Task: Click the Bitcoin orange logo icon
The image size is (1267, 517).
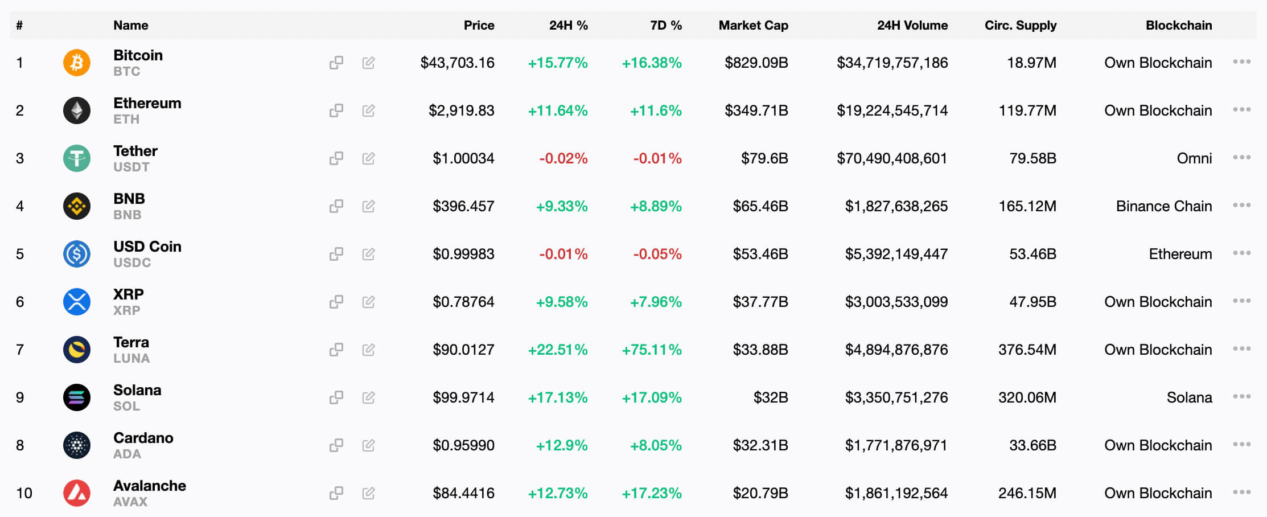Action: coord(77,63)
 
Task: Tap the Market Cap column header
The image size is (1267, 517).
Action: coord(753,25)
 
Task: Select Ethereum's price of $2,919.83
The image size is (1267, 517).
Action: coord(461,110)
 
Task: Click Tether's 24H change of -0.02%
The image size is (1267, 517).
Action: coord(563,158)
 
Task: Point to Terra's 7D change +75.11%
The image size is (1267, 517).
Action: coord(651,350)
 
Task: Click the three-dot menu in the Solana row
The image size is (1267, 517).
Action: coord(1241,397)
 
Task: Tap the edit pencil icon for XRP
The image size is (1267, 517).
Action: coord(368,302)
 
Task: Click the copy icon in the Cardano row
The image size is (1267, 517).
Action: coord(336,445)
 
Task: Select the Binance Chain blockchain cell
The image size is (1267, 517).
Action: coord(1163,206)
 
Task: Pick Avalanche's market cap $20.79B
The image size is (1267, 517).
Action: coord(760,493)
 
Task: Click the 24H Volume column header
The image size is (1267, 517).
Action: coord(912,25)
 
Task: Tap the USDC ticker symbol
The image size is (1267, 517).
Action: coord(132,262)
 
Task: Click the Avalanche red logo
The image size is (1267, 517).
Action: coord(77,493)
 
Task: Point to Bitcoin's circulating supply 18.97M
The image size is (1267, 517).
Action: coord(1031,63)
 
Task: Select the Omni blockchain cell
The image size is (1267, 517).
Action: coord(1194,158)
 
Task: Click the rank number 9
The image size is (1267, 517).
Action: coord(20,397)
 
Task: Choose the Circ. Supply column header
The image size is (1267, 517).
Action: coord(1020,25)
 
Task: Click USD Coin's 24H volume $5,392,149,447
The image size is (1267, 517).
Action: coord(896,254)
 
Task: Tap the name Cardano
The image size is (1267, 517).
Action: coord(143,438)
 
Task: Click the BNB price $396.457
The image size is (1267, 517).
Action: coord(463,206)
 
